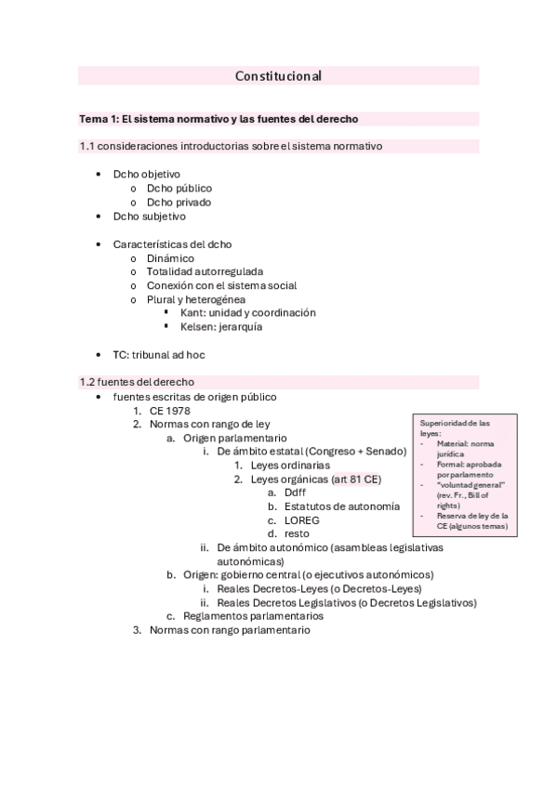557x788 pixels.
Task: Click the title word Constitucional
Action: click(278, 76)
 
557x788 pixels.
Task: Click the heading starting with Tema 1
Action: click(219, 119)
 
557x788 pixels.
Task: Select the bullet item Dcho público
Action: click(179, 188)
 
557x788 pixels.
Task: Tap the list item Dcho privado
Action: click(179, 202)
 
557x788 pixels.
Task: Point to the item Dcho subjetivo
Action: click(149, 217)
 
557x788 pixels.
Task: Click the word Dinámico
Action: click(170, 257)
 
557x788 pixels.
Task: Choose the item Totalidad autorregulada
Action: click(205, 271)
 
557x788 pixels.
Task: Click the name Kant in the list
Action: click(192, 313)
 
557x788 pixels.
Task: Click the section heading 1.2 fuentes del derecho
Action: click(137, 382)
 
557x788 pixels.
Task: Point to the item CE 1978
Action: click(169, 410)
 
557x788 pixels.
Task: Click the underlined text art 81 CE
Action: click(356, 479)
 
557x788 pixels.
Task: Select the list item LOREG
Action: click(303, 520)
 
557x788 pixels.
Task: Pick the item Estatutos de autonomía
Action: click(342, 506)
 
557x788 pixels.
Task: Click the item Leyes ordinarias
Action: click(289, 465)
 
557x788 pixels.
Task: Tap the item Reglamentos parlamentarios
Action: click(253, 616)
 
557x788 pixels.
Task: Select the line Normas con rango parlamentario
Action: click(230, 630)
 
